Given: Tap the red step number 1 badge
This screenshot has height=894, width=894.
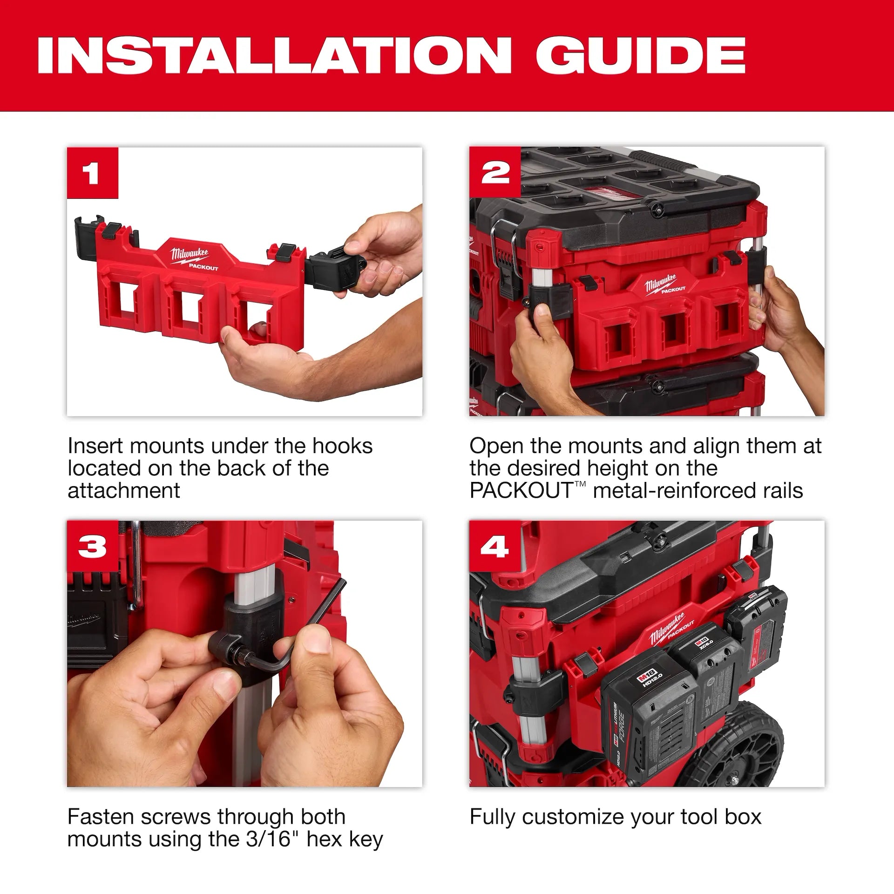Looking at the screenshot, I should click(x=92, y=173).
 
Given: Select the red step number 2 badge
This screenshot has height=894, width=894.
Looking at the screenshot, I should click(x=495, y=173).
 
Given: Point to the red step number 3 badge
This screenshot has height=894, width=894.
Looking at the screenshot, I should click(x=92, y=546).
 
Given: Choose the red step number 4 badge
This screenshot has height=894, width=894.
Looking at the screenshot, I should click(x=494, y=546).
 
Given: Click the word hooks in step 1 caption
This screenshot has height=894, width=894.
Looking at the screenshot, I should click(x=342, y=446).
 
